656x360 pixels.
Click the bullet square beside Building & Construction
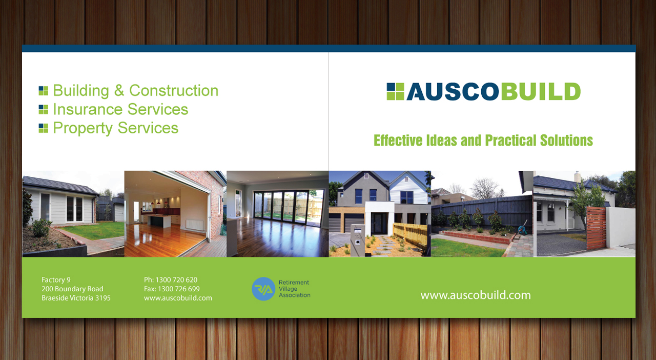(44, 91)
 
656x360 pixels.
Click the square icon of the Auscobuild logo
(395, 91)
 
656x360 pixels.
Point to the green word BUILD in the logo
(541, 91)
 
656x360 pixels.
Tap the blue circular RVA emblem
(263, 289)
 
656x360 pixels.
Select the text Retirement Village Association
(294, 289)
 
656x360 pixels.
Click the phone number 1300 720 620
(176, 279)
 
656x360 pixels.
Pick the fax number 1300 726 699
(179, 289)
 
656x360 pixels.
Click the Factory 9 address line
(56, 279)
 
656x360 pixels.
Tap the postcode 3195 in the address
(103, 298)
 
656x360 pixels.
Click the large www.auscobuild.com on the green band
(476, 295)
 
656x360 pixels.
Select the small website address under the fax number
(178, 298)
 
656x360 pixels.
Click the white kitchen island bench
(159, 221)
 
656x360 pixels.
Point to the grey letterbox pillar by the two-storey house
(358, 240)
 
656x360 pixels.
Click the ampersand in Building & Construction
(119, 90)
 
